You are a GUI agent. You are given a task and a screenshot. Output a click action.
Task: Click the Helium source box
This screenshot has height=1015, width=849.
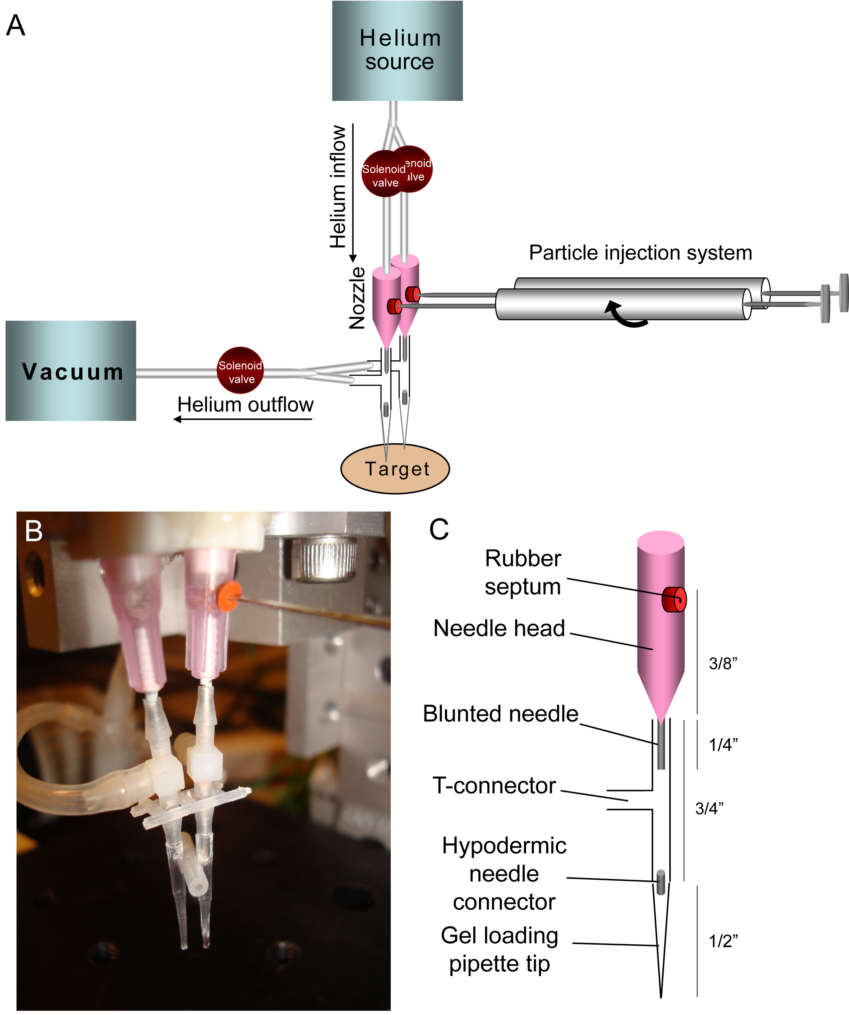click(397, 51)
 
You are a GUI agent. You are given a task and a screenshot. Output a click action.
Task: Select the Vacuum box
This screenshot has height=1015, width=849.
click(71, 371)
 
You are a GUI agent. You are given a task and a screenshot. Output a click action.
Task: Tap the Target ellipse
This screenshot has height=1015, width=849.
click(395, 468)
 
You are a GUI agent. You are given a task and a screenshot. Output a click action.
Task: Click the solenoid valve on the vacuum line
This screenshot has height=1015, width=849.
click(240, 370)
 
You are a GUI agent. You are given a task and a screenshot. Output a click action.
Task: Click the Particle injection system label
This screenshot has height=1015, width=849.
click(640, 253)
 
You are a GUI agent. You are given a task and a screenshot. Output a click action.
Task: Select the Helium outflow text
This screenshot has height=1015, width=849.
click(246, 405)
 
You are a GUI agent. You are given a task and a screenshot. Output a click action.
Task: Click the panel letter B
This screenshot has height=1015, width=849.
click(34, 531)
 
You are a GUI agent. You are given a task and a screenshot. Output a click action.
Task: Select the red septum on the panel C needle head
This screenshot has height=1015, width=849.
click(674, 599)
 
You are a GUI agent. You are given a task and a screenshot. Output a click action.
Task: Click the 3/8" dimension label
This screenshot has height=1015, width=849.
click(723, 664)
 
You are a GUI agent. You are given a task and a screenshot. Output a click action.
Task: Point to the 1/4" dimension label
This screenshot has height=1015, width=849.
click(723, 745)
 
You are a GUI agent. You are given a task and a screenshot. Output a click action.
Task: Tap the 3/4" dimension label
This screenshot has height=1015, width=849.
click(709, 808)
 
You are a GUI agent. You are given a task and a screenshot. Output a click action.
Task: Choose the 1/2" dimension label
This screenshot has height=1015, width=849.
click(723, 941)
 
